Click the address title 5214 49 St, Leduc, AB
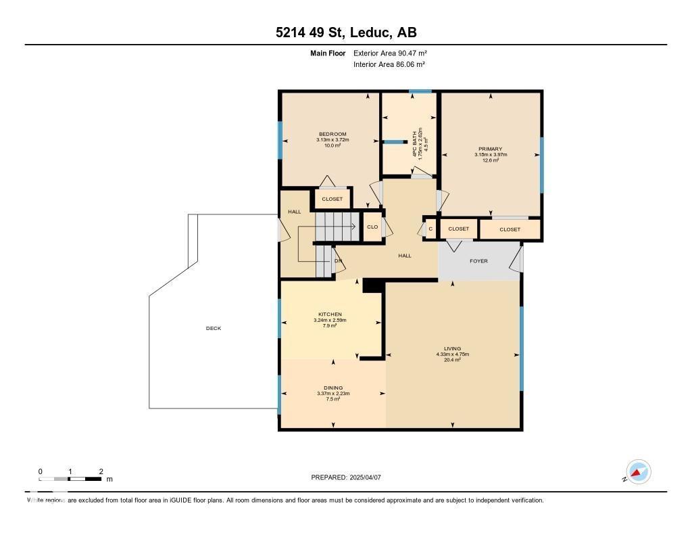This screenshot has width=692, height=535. (345, 32)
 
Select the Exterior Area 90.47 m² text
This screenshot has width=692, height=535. (390, 53)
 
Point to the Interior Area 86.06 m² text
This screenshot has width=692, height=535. (389, 64)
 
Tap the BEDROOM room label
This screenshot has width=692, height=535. (332, 135)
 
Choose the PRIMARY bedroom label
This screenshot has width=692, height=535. (490, 149)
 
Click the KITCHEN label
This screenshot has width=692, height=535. (330, 315)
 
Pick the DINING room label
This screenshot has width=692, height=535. (332, 388)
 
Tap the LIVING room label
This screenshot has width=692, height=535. (452, 349)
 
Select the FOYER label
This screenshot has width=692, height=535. (478, 261)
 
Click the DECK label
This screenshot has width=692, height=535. (214, 329)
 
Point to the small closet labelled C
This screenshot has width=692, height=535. (430, 229)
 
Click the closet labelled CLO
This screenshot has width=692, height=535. (372, 227)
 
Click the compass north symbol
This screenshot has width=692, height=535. (638, 472)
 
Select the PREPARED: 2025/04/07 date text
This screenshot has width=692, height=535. (346, 478)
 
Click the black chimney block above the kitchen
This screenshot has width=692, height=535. (372, 286)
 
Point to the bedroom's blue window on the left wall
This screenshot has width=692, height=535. (280, 140)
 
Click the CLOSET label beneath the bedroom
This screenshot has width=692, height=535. (332, 200)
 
